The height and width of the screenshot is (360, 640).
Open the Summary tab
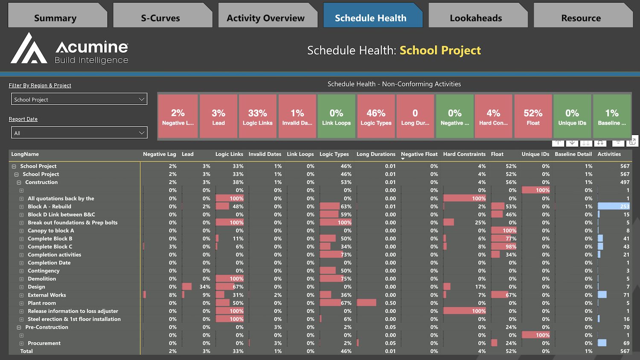tap(55, 18)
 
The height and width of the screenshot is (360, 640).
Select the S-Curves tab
tap(160, 18)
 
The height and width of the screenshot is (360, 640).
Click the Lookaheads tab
tap(476, 18)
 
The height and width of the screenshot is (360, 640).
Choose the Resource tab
tap(581, 18)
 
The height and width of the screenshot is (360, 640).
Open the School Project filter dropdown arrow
tap(142, 99)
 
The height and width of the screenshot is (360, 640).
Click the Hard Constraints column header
tap(464, 154)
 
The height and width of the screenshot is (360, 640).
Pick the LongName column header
tap(25, 154)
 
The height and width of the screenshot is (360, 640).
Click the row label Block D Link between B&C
tap(61, 215)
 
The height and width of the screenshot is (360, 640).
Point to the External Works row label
tap(47, 295)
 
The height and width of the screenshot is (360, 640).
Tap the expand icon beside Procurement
tap(21, 343)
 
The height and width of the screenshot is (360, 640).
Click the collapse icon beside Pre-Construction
tap(19, 328)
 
